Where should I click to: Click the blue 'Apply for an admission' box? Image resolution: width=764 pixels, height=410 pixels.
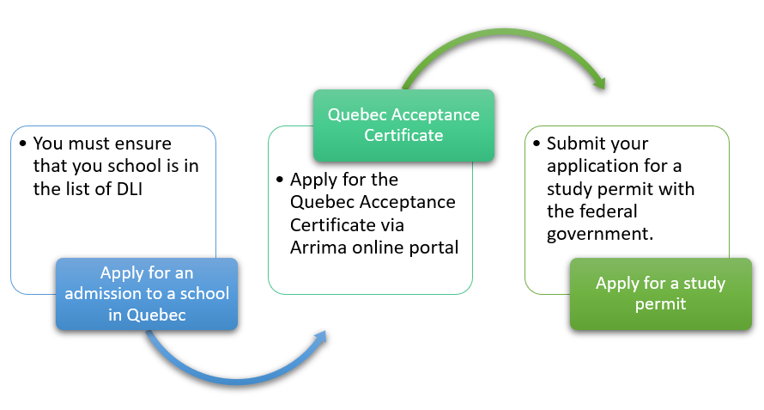tap(147, 294)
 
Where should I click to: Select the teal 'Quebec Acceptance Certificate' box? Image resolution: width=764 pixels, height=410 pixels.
tap(403, 125)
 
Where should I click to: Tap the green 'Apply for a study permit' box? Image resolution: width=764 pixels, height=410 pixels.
tap(661, 294)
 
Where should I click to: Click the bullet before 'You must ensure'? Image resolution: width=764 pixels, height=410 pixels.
tap(22, 144)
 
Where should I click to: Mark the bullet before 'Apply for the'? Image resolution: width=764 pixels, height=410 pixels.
tap(280, 180)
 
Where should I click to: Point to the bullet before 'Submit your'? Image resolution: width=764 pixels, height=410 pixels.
tap(537, 144)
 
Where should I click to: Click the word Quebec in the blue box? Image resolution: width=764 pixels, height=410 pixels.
tap(156, 315)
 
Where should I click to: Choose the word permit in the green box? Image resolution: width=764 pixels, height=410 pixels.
tap(661, 304)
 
